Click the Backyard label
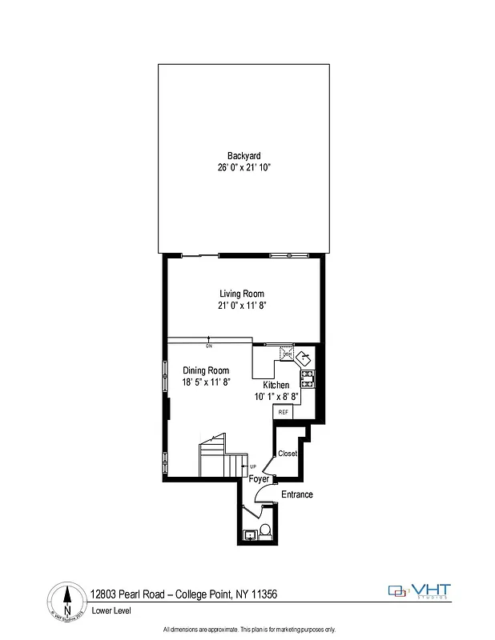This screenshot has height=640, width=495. click(x=243, y=156)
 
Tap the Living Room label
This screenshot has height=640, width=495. click(x=242, y=294)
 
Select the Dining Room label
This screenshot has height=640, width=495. click(x=206, y=370)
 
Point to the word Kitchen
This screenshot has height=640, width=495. click(x=276, y=385)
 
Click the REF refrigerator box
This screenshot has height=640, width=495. click(x=283, y=412)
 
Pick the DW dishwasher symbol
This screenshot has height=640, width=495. click(x=285, y=352)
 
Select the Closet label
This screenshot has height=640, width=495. click(x=288, y=454)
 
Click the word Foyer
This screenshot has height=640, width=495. click(x=258, y=479)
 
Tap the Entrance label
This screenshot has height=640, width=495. click(x=296, y=494)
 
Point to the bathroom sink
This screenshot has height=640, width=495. click(x=249, y=534)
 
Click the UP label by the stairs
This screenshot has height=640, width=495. click(x=252, y=466)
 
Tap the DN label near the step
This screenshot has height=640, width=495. click(x=208, y=346)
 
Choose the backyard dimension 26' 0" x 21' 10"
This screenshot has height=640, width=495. click(x=243, y=168)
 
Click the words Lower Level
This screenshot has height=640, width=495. click(x=111, y=610)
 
